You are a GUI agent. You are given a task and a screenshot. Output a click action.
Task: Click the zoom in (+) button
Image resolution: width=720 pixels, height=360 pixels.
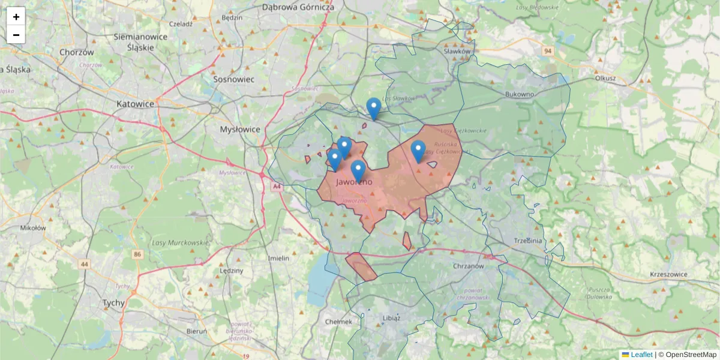pyautogui.click(x=16, y=17)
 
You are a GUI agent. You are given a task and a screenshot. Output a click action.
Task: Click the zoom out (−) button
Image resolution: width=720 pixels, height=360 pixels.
pyautogui.click(x=16, y=35)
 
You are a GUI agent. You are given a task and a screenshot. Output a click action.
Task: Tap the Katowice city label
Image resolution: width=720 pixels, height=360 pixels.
pyautogui.click(x=135, y=104)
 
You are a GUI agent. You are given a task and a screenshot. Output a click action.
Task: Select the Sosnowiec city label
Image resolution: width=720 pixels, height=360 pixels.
pyautogui.click(x=234, y=79)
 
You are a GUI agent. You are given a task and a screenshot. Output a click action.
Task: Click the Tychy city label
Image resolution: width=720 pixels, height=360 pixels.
pyautogui.click(x=113, y=303)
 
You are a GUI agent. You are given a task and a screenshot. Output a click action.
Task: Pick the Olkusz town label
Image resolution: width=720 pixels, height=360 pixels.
pyautogui.click(x=605, y=78)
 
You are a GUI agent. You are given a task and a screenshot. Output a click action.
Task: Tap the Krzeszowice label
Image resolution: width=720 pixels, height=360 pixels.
pyautogui.click(x=668, y=274)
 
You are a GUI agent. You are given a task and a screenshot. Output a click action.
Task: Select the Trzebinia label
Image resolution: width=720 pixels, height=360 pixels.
pyautogui.click(x=528, y=240)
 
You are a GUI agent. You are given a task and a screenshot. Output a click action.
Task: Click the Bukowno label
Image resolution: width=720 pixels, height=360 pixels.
pyautogui.click(x=520, y=94)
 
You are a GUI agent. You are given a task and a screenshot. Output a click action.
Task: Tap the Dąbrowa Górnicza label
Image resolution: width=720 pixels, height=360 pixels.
pyautogui.click(x=298, y=7)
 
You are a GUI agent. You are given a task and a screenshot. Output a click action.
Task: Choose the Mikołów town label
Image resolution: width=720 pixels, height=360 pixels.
pyautogui.click(x=33, y=228)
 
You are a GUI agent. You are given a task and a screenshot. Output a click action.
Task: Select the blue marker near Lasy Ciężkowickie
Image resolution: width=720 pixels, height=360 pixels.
pyautogui.click(x=418, y=151)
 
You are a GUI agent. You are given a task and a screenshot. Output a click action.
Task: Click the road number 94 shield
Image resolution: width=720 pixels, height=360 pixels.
pyautogui.click(x=548, y=52)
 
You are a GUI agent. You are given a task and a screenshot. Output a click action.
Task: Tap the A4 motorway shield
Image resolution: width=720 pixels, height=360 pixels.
pyautogui.click(x=277, y=187)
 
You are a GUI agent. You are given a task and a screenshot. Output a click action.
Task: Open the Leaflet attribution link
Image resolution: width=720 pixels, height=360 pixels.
pyautogui.click(x=641, y=355)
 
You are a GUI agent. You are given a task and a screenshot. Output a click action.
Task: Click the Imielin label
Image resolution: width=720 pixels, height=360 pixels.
pyautogui.click(x=279, y=258)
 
